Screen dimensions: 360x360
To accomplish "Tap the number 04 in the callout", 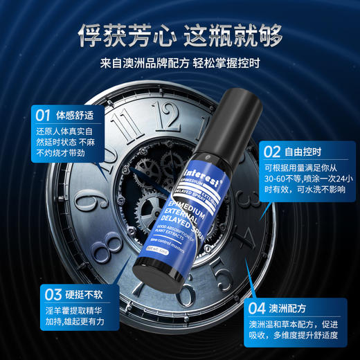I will [x=257, y=307].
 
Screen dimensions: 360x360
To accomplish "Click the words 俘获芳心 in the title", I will [x=122, y=33].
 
